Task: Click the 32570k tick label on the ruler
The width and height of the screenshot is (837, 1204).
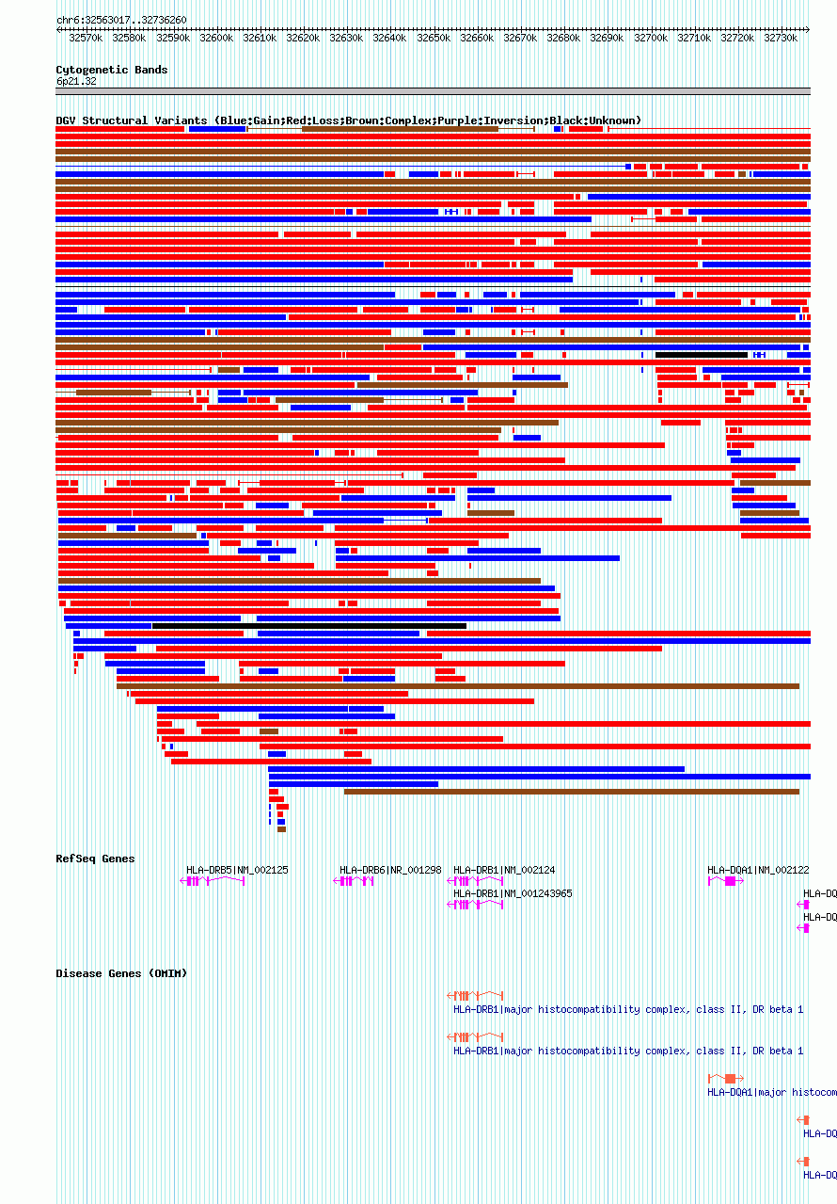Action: [86, 38]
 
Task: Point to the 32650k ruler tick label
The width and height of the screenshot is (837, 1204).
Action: [434, 38]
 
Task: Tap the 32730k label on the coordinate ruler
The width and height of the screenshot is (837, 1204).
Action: [780, 38]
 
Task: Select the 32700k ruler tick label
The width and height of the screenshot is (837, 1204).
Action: [650, 38]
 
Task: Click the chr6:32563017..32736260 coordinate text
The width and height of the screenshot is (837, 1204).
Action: [121, 20]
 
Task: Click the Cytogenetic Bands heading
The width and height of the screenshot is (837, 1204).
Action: [111, 70]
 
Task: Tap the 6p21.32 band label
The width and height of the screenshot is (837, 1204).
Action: [76, 81]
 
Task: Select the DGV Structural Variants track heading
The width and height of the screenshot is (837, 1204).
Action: [348, 120]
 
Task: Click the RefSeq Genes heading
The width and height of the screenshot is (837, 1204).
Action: [95, 859]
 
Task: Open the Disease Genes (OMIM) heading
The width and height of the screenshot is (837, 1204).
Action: [121, 973]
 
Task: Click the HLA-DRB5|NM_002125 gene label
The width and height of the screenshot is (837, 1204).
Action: [237, 870]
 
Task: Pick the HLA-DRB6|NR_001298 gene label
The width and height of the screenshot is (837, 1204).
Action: [390, 870]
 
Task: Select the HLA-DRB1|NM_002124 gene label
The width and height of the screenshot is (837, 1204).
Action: [504, 870]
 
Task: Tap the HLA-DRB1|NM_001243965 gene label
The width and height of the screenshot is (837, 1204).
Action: [513, 893]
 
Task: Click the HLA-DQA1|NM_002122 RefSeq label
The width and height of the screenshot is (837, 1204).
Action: [758, 870]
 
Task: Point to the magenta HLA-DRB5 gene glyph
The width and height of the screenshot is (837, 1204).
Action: [212, 881]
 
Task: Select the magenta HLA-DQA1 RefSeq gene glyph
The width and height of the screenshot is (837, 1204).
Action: [726, 881]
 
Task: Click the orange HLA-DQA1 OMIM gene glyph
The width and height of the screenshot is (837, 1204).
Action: [726, 1078]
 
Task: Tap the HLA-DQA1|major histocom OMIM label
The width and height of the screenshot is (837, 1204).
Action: [771, 1092]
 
